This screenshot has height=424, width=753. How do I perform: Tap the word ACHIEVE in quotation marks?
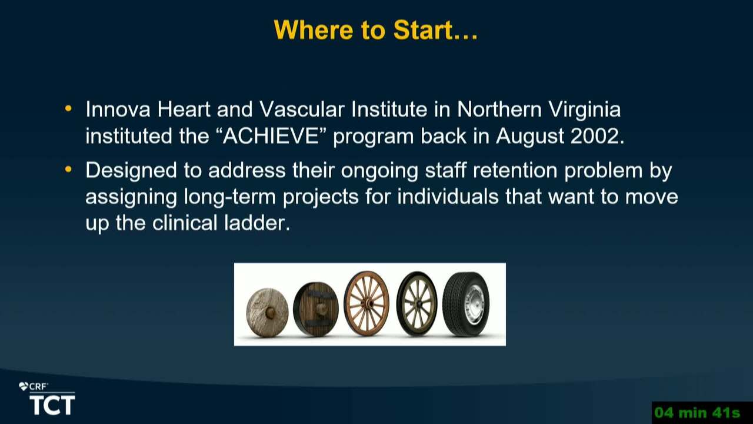pos(271,136)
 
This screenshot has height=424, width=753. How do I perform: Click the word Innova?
pos(118,110)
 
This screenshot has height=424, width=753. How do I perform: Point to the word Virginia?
pos(585,110)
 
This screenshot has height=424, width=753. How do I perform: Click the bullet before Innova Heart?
pos(68,109)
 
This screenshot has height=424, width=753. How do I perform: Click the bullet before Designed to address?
pos(68,170)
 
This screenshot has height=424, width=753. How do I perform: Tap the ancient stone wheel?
pos(267,313)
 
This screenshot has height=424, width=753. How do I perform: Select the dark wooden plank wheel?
pos(316,309)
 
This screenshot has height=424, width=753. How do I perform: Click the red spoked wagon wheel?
pos(366,303)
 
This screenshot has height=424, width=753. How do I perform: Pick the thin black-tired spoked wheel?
pos(417,303)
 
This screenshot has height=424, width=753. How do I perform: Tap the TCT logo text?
pos(52,405)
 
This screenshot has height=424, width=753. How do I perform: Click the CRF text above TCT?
pos(37,387)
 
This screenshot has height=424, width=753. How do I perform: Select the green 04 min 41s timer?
pos(697,413)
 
